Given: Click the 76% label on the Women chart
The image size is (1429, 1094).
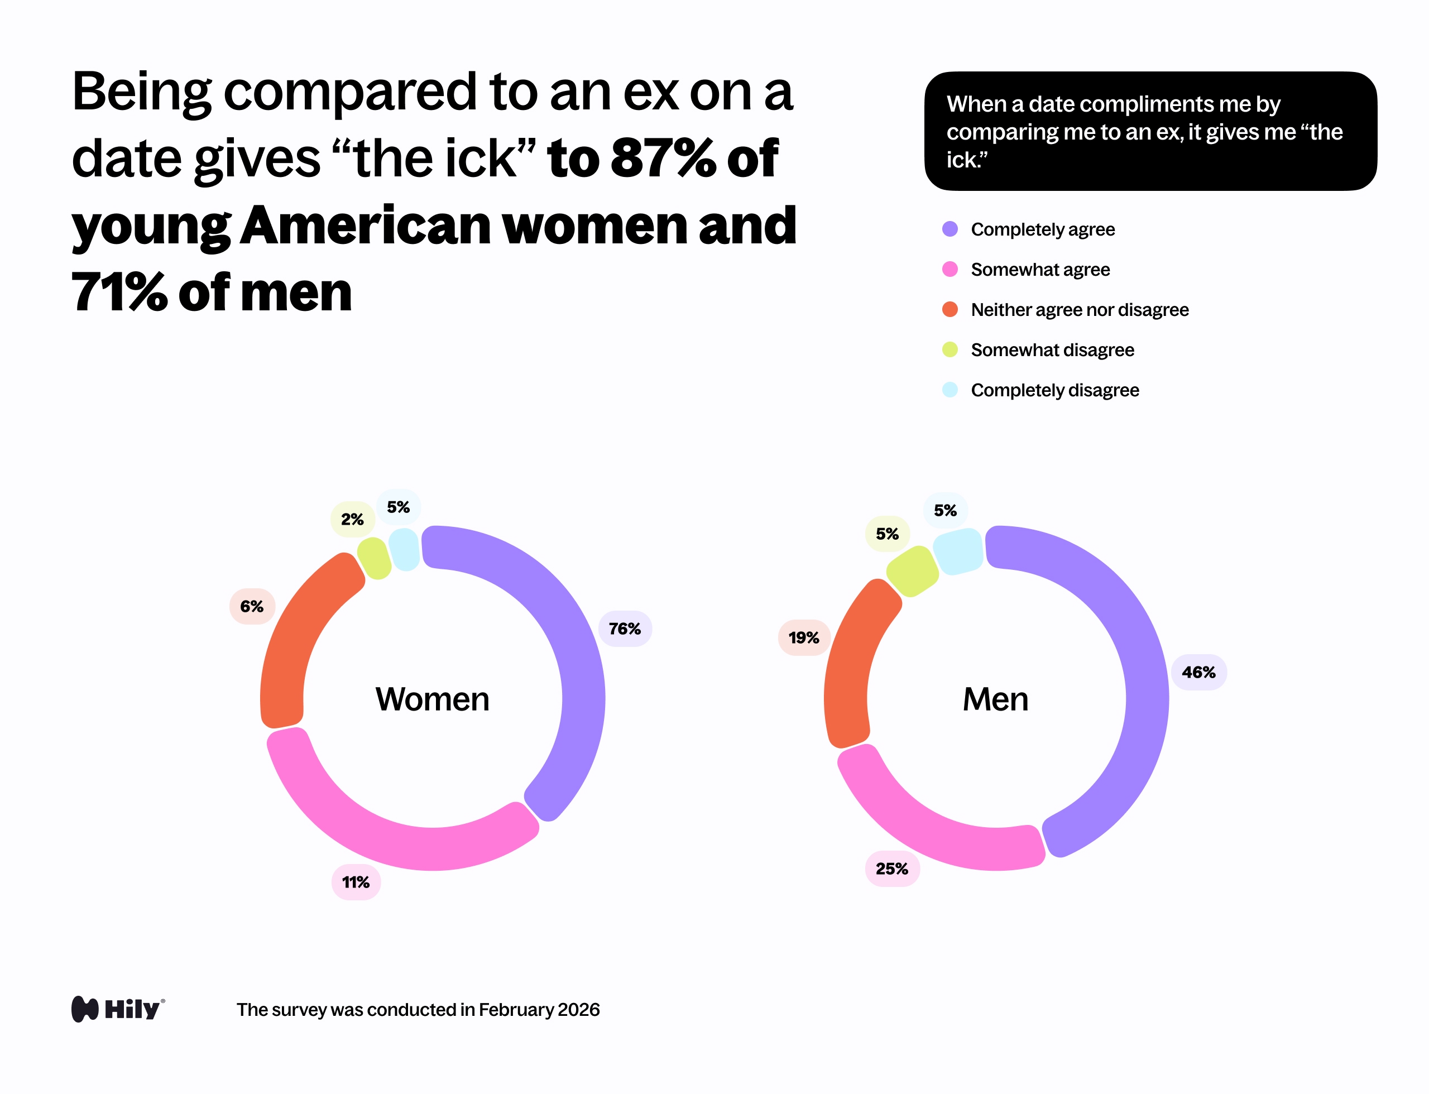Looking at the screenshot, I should (625, 628).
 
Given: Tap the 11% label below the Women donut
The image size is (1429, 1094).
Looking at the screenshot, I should (356, 882).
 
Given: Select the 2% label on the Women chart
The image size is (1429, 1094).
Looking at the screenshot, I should (352, 519).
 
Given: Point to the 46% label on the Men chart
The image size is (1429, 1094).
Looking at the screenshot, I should (1198, 672).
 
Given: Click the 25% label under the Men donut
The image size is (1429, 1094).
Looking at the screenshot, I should (891, 868).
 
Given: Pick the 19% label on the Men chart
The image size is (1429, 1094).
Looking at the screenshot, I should (804, 637).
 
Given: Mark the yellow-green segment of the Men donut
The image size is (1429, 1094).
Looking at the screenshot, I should (913, 571).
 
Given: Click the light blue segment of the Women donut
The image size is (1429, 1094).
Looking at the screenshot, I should (405, 549).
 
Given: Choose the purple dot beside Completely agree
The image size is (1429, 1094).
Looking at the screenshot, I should (950, 229).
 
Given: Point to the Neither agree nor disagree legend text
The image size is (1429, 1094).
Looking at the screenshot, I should (1079, 309).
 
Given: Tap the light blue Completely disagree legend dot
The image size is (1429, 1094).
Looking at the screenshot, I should (950, 390).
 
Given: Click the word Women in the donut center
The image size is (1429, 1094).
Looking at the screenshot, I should (432, 699).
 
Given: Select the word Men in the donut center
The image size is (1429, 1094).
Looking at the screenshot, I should (995, 699).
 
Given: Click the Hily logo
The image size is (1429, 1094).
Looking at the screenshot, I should (118, 1009).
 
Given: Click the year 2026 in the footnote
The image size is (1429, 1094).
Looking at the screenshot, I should (578, 1009).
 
